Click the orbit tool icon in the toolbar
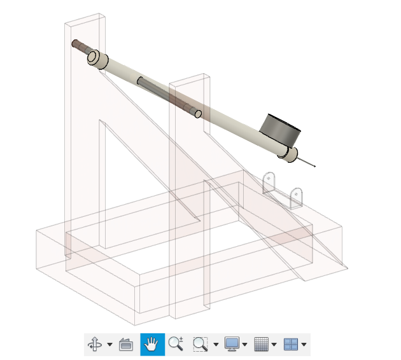pos(95,345)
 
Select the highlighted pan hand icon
pos(152,345)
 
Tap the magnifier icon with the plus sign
pos(176,345)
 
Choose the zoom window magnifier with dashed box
pos(200,345)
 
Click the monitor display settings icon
pos(232,345)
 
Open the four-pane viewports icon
pos(291,345)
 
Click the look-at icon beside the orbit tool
pos(126,345)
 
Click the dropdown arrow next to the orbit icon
pos(109,345)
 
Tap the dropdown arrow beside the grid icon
pos(274,345)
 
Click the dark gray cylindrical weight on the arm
pos(280,128)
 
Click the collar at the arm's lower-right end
pos(289,155)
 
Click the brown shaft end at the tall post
pos(78,46)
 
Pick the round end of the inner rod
pos(198,114)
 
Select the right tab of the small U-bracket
pos(296,197)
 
